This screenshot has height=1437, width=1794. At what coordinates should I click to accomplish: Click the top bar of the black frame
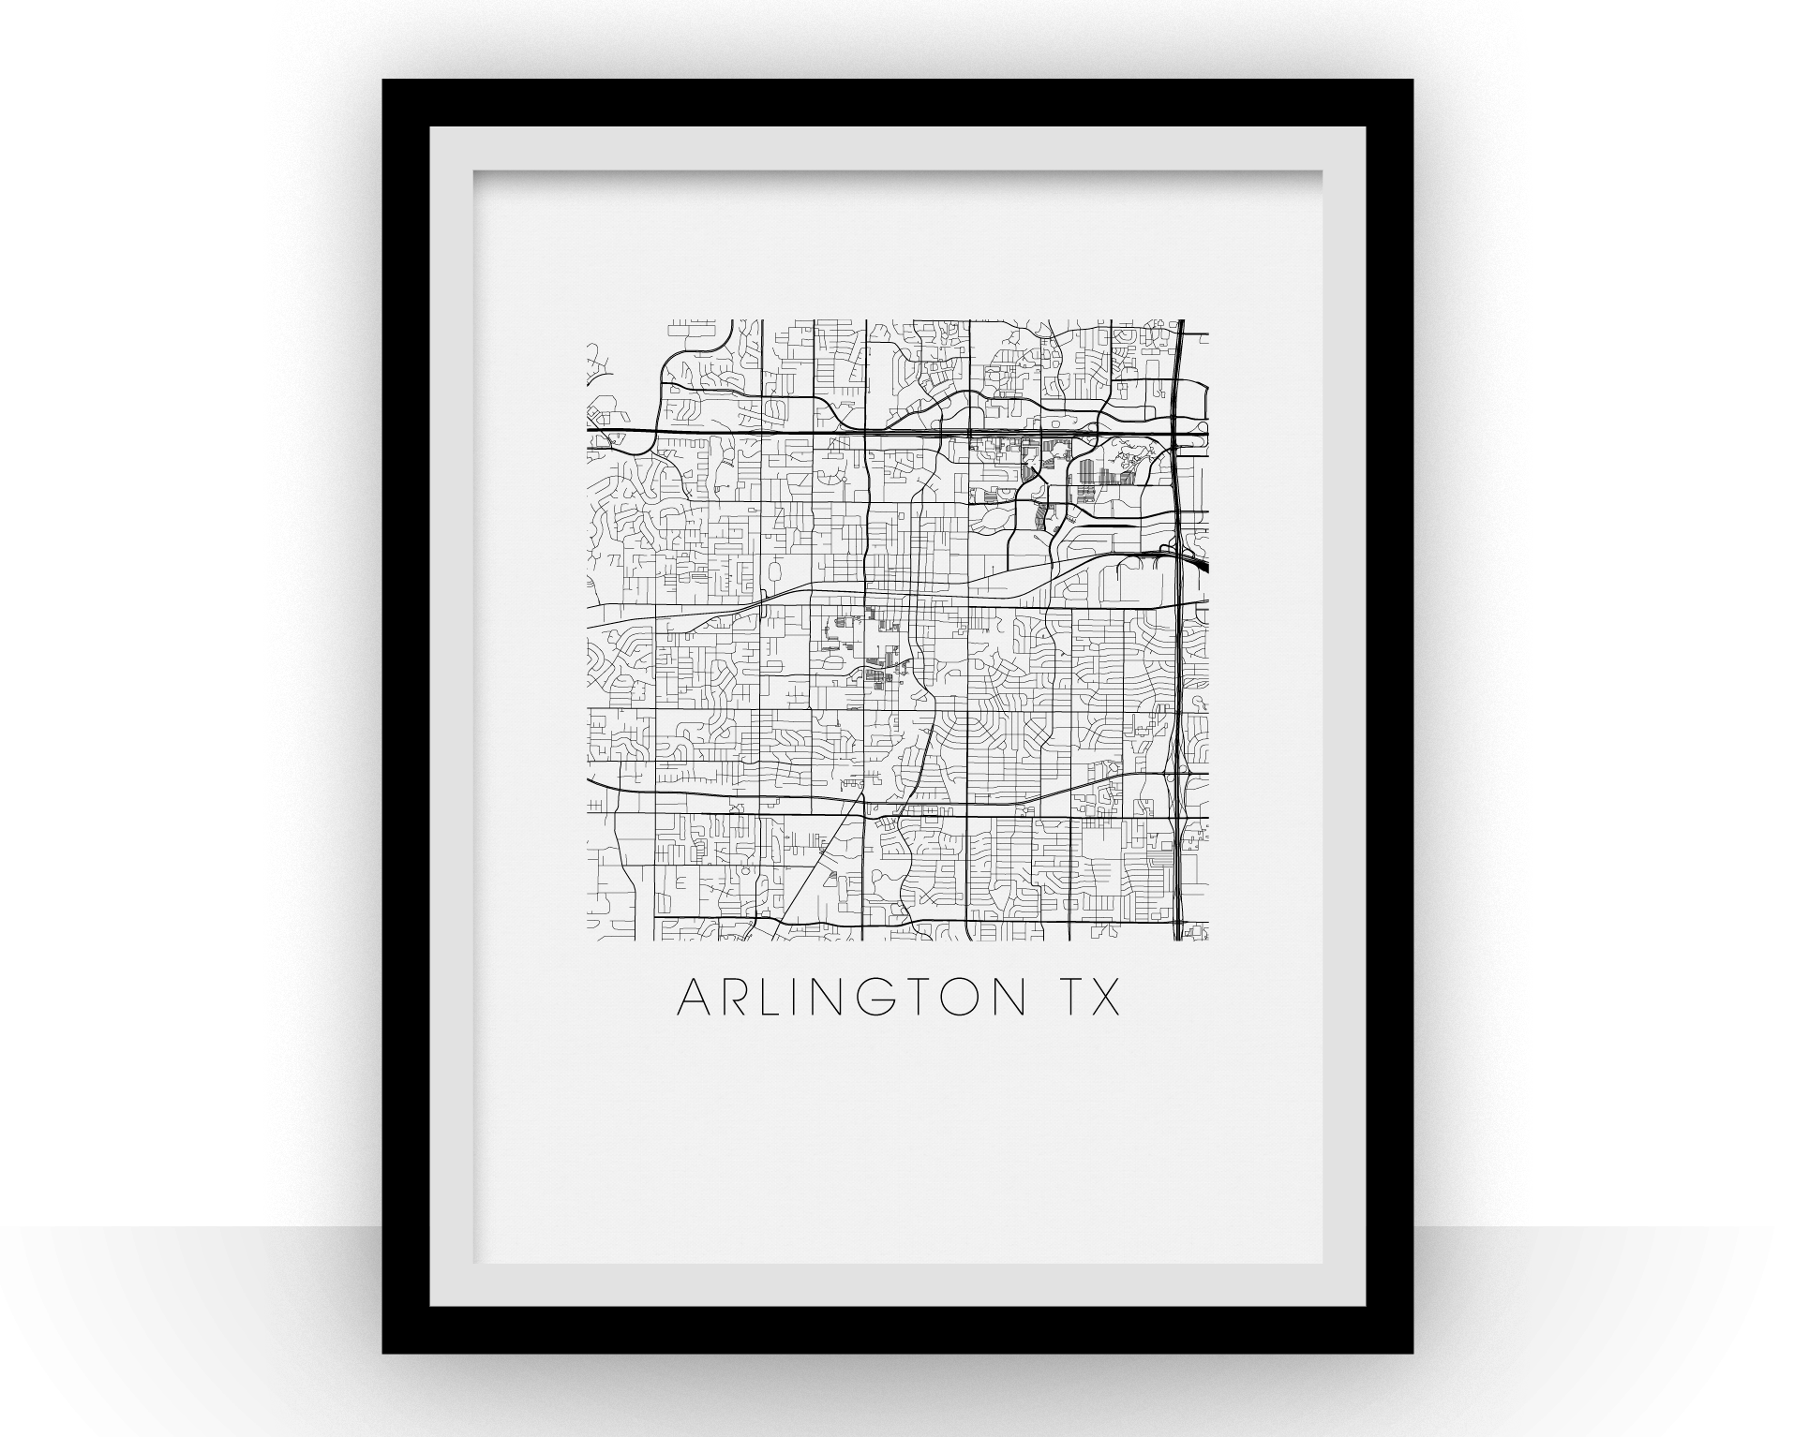897,102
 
